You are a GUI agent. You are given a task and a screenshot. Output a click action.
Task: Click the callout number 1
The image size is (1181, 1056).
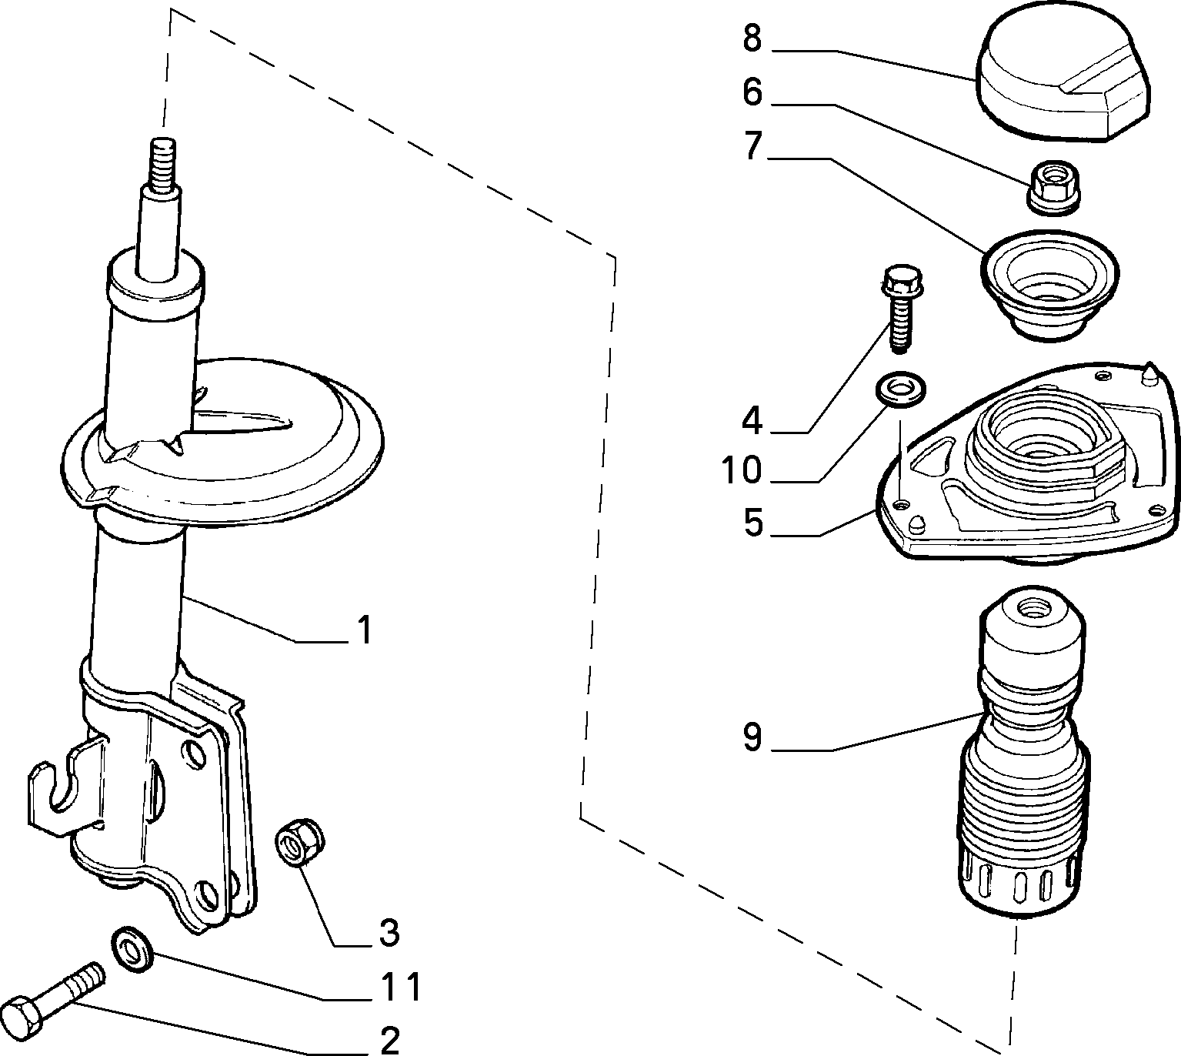tap(365, 630)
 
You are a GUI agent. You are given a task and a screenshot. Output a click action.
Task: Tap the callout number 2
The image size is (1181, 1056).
tap(389, 1038)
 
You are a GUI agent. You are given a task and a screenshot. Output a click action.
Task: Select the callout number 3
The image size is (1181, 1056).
tap(389, 931)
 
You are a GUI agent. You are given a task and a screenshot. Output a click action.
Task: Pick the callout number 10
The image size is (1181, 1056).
tap(741, 470)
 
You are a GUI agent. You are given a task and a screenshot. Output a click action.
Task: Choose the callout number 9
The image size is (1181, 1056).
tap(752, 737)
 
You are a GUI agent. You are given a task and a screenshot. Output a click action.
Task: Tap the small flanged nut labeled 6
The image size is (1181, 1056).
tap(1053, 187)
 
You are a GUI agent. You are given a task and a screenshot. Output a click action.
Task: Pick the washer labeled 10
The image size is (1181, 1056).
tap(901, 388)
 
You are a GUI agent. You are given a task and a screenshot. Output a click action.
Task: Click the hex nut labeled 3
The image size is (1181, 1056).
tap(299, 843)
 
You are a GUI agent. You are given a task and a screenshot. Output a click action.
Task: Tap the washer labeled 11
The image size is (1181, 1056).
tap(132, 947)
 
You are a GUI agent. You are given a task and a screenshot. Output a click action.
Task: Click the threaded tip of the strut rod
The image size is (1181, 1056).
tap(162, 162)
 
